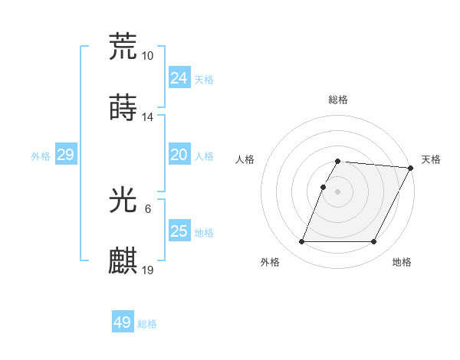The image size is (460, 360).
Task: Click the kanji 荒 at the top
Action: [123, 47]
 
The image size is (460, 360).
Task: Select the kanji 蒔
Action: [123, 108]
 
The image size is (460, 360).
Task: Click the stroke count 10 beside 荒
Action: [148, 56]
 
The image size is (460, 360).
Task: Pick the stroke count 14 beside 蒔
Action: [148, 117]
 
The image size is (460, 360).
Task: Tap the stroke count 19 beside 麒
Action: [148, 270]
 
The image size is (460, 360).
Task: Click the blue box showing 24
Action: [179, 77]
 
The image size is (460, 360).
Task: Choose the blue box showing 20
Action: [179, 155]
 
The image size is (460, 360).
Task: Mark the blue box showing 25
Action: [179, 231]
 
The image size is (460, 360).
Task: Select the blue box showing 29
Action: [65, 155]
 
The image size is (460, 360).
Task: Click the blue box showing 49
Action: [123, 322]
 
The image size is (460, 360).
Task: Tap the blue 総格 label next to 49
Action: [147, 324]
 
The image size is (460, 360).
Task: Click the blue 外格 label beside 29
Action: [41, 156]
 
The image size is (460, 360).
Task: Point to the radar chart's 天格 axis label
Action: [431, 159]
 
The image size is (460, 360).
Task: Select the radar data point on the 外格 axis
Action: [301, 242]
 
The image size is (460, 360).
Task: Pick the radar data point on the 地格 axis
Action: [373, 242]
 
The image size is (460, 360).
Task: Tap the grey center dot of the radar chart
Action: [337, 191]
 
